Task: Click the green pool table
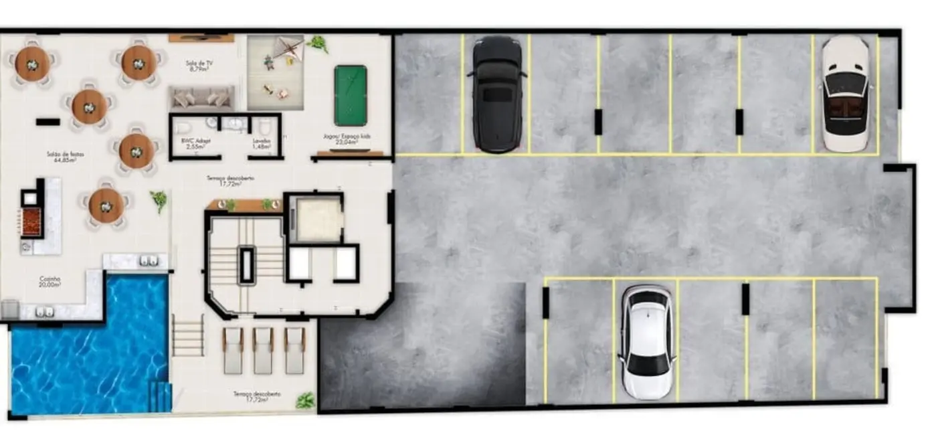click(x=351, y=95)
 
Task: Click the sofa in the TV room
click(x=201, y=98)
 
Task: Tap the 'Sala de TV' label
click(x=199, y=66)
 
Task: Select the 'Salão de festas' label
click(x=61, y=157)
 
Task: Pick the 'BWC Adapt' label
click(x=194, y=143)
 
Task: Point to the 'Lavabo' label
click(x=262, y=143)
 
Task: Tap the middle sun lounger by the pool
click(x=263, y=350)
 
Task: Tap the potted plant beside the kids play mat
click(x=318, y=44)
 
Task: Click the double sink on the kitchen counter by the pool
click(x=149, y=261)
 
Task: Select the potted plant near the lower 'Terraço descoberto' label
click(x=305, y=400)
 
